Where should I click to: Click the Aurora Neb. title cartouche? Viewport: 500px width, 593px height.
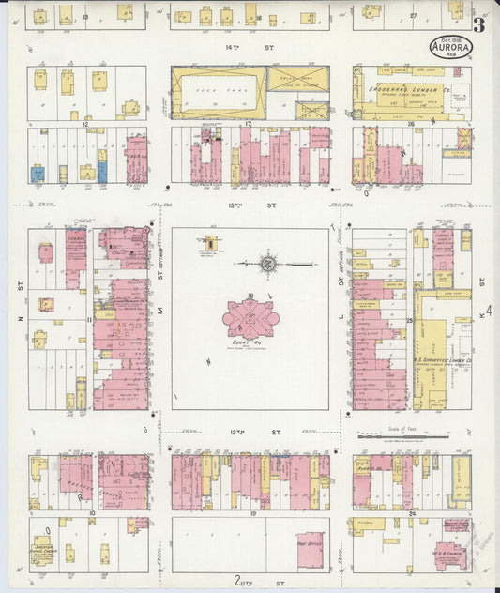[x=451, y=47]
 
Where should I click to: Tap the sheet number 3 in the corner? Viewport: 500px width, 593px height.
[x=479, y=25]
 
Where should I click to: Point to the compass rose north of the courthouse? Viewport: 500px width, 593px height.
[x=269, y=265]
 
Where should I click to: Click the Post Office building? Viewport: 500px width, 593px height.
[x=310, y=551]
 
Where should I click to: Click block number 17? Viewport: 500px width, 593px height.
[x=249, y=124]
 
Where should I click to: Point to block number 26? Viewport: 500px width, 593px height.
[x=411, y=123]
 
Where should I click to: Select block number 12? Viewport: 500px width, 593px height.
[x=84, y=124]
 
